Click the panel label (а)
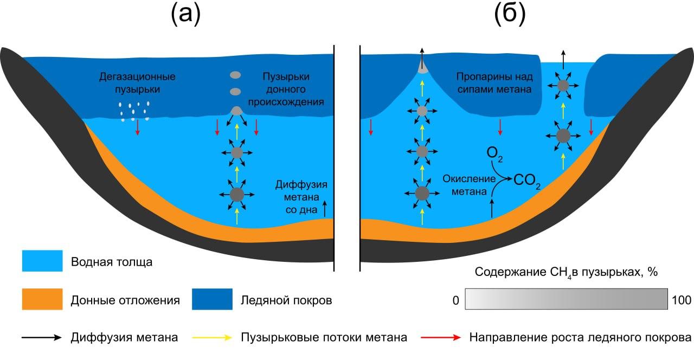click(x=186, y=15)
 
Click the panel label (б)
click(x=510, y=15)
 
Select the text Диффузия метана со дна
click(x=302, y=196)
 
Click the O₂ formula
click(x=494, y=153)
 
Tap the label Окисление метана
click(x=470, y=184)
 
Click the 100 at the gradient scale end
click(x=681, y=299)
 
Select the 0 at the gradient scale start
click(x=455, y=299)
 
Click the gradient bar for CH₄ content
click(x=566, y=299)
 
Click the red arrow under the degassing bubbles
click(x=138, y=127)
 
